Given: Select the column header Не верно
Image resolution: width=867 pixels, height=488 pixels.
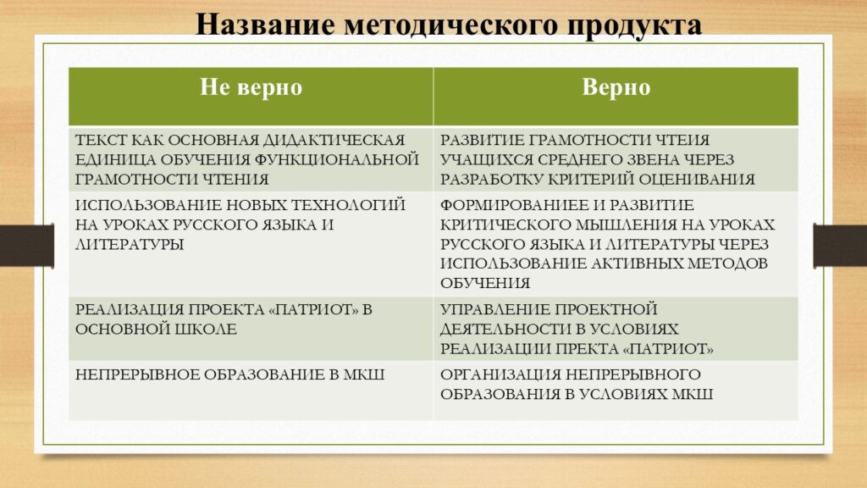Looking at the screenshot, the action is (x=251, y=87).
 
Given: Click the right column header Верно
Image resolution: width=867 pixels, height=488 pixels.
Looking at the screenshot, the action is (x=616, y=87).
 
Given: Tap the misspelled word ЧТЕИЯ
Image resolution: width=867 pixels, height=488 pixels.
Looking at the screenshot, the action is (x=682, y=140).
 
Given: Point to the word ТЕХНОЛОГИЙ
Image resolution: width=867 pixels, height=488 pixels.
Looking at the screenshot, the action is (x=348, y=205).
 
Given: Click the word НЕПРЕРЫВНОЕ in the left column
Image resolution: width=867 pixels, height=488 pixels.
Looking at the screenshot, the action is (x=137, y=374).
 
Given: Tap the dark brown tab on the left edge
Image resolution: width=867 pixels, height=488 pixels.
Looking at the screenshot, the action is (x=27, y=246).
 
